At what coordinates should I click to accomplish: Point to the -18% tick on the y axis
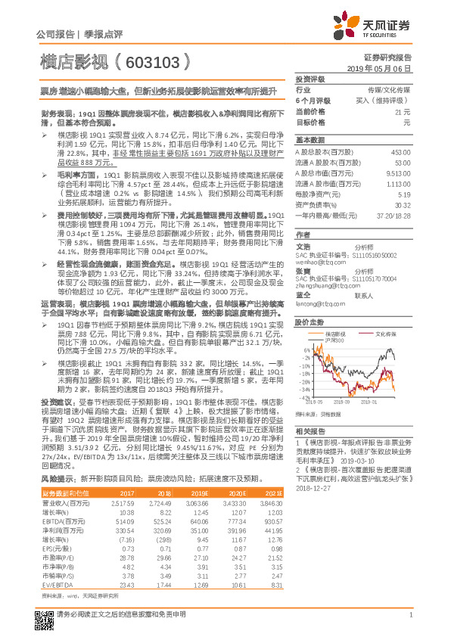point(303,373)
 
